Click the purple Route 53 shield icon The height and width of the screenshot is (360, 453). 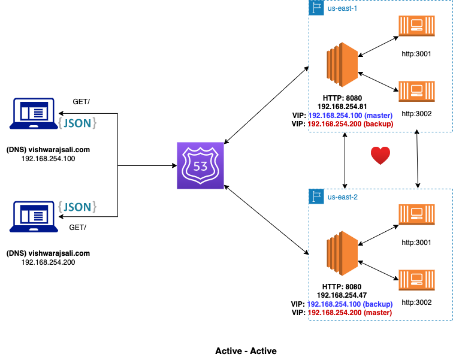coord(200,165)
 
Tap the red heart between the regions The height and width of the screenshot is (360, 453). coord(380,156)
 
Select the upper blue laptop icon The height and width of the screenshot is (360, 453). coord(34,114)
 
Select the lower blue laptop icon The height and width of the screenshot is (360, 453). coord(34,216)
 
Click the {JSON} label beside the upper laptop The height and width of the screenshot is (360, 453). coord(77,123)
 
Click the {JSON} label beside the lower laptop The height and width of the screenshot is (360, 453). coord(77,207)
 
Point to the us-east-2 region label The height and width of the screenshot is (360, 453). coord(342,197)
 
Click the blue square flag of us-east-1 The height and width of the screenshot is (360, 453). coord(316,8)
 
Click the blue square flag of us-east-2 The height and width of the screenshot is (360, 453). coord(316,196)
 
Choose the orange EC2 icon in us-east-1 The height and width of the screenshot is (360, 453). coord(342,65)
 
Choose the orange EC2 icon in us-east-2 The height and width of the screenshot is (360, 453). coord(342,253)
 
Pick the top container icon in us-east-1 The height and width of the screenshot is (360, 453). coord(416,26)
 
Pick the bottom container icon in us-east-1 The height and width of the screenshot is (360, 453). coord(416,91)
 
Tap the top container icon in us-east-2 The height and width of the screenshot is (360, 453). coord(416,214)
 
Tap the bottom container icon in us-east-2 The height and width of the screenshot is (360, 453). coord(416,280)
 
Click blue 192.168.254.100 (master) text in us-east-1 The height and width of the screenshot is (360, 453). coord(351,115)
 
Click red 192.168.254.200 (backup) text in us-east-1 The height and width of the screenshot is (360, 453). coord(351,123)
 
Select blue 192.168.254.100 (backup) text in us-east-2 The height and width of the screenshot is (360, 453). coord(351,304)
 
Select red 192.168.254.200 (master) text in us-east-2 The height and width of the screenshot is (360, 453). coord(351,312)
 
